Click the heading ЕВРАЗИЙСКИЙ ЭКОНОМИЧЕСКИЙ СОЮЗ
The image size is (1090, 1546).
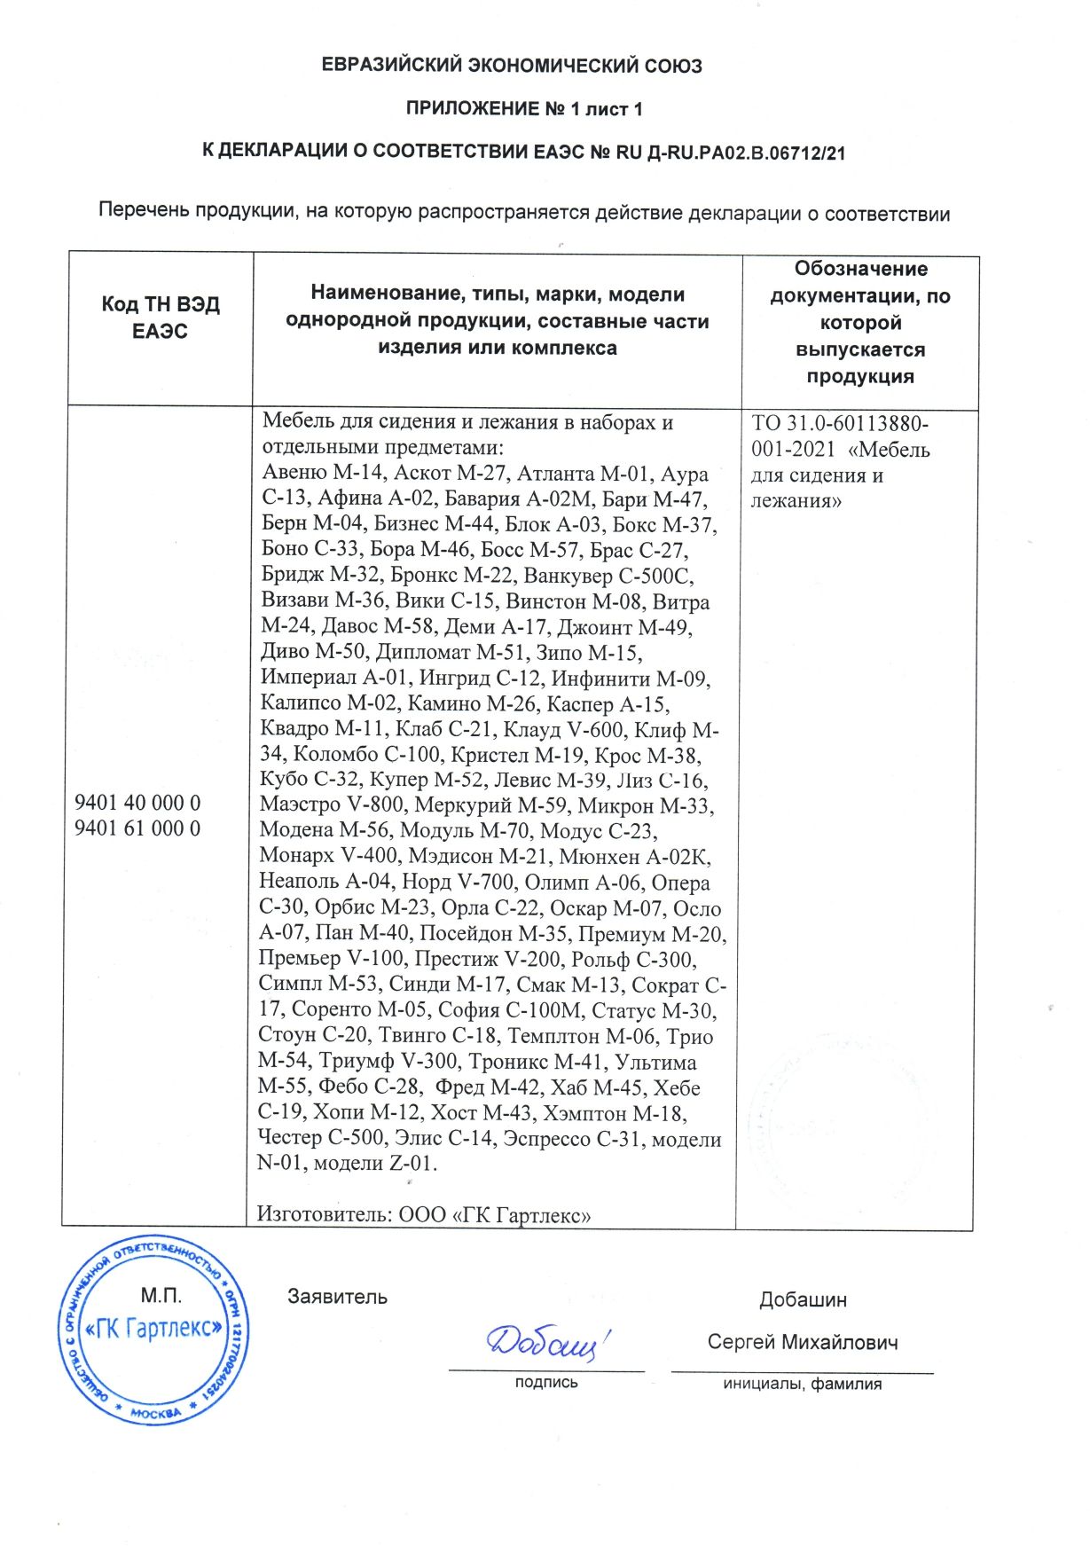click(x=511, y=66)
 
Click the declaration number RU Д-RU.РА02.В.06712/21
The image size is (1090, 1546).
click(x=730, y=152)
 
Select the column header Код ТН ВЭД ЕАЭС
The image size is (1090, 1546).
click(x=161, y=318)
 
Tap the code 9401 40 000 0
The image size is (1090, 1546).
click(x=137, y=803)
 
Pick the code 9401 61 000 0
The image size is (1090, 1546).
click(x=137, y=828)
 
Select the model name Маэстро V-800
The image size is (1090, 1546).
click(x=332, y=805)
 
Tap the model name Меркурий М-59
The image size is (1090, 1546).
click(x=491, y=805)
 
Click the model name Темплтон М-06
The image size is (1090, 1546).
click(x=582, y=1036)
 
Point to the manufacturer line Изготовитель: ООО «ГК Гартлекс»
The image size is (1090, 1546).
click(x=424, y=1214)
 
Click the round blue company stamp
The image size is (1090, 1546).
click(x=153, y=1329)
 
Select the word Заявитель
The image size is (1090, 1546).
click(x=337, y=1297)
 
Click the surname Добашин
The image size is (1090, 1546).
click(x=802, y=1300)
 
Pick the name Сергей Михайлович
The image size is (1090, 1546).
click(x=802, y=1342)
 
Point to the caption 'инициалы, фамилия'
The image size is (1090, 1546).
click(x=802, y=1384)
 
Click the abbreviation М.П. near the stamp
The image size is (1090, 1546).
click(x=161, y=1296)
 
